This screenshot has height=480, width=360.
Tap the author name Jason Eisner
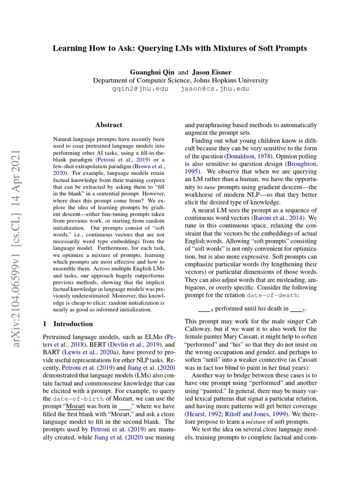pyautogui.click(x=211, y=72)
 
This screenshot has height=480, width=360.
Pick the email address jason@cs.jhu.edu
pyautogui.click(x=215, y=89)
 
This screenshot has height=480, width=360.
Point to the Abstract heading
pyautogui.click(x=109, y=125)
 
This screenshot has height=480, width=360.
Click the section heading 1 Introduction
pyautogui.click(x=68, y=324)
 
